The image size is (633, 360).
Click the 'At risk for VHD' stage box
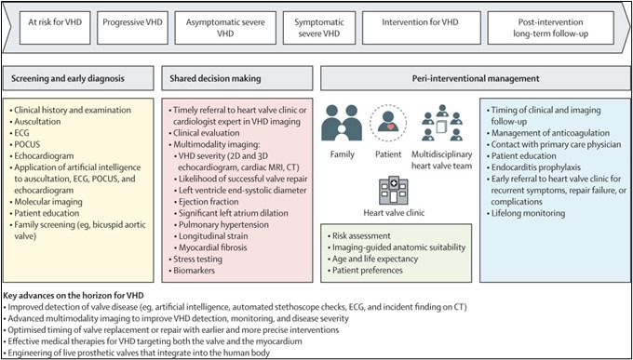tap(55, 28)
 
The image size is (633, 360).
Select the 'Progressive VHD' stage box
tap(132, 28)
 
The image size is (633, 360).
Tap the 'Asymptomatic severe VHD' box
tap(225, 28)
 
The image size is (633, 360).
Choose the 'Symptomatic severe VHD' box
tap(319, 28)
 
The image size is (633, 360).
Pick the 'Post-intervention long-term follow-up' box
tap(551, 28)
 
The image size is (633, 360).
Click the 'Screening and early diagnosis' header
tap(78, 78)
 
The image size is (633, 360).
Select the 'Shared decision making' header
tap(237, 78)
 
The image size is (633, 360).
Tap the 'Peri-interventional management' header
tap(475, 78)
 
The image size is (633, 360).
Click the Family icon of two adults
tap(341, 123)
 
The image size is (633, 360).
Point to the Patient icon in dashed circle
tap(388, 123)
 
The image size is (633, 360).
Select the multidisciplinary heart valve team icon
tap(442, 123)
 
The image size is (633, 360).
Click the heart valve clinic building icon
tap(393, 191)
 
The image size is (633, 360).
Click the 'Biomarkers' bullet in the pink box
tap(192, 271)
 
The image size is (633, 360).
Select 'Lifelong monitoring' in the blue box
tap(525, 213)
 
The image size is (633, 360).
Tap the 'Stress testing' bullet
tap(195, 260)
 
